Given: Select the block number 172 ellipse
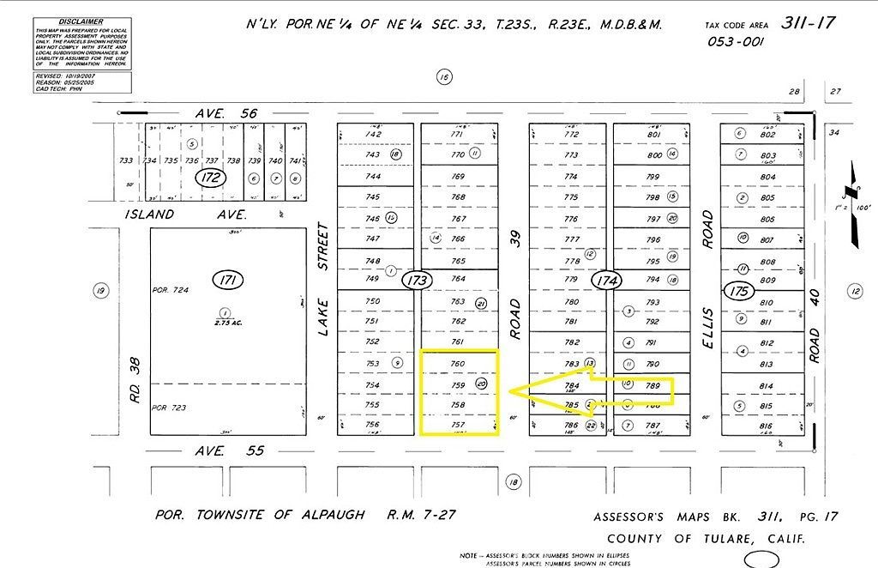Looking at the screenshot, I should (x=209, y=178).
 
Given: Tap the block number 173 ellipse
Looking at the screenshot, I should (x=418, y=280).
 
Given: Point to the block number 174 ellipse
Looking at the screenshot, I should (x=610, y=280).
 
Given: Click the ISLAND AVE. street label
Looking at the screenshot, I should (x=185, y=215).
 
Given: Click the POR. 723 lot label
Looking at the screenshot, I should (x=168, y=408).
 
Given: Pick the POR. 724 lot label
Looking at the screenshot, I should (x=169, y=290).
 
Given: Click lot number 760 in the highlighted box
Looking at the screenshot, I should (x=458, y=364).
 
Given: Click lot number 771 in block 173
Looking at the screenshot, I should (x=458, y=135).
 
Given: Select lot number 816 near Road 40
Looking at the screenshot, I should (x=767, y=426).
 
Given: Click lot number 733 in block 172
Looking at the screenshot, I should (x=126, y=160).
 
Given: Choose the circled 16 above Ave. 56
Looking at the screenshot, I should (x=443, y=77).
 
